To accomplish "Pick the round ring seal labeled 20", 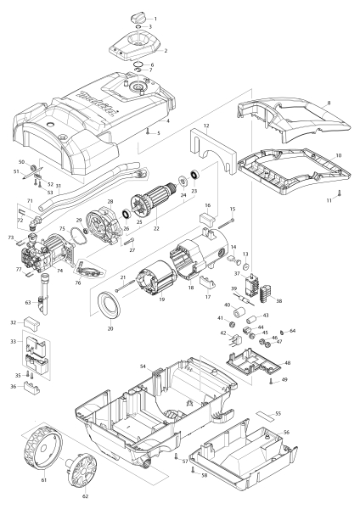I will point(111,301).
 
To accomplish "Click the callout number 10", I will point(339,157).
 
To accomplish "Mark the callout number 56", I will point(286,431).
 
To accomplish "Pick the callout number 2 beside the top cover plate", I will point(165,51).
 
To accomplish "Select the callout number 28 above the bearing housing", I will point(110,201).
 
